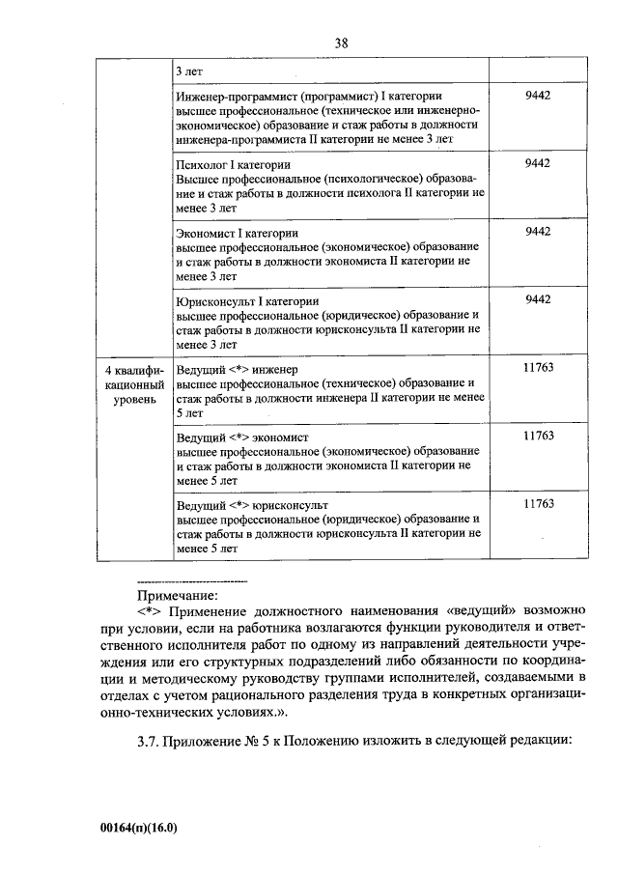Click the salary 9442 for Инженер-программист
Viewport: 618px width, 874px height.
coord(537,98)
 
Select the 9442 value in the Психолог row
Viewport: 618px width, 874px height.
coord(537,164)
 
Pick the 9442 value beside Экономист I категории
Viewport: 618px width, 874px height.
coord(537,232)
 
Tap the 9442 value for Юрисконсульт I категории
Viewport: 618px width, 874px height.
coord(537,299)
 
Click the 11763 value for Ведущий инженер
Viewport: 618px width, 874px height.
coord(537,369)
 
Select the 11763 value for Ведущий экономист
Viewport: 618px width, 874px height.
coord(537,436)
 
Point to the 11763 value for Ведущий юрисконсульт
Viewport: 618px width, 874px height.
coord(537,503)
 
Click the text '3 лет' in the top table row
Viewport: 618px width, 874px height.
coord(190,71)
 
